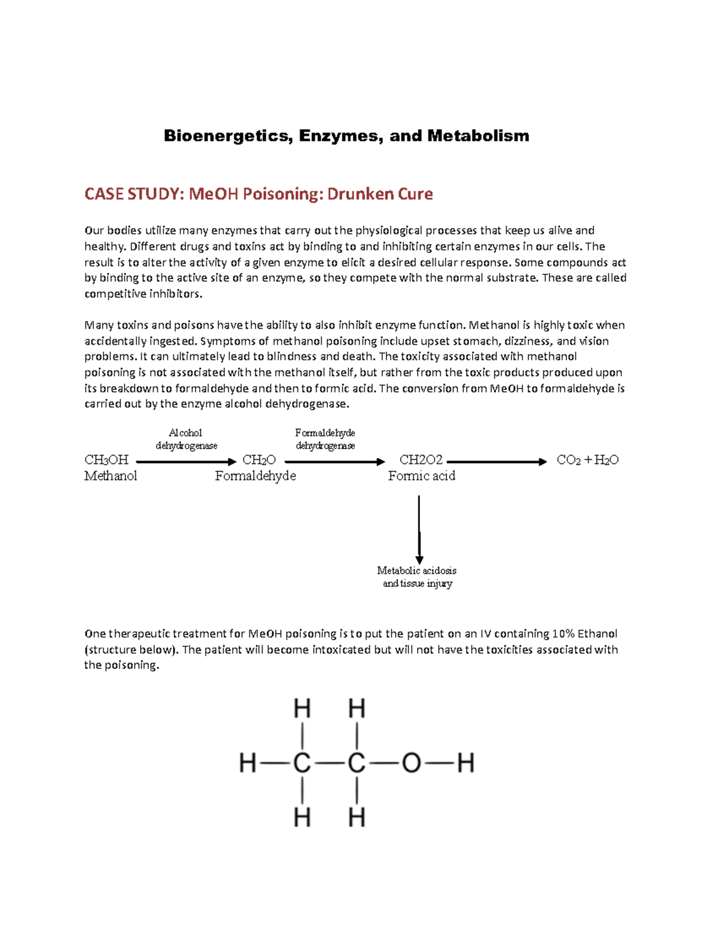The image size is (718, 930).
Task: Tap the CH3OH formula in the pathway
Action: tap(107, 460)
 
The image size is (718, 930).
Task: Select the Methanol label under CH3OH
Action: tap(111, 476)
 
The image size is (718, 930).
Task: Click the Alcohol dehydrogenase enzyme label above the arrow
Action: tap(186, 439)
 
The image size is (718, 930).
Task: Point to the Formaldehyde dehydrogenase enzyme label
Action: tap(325, 439)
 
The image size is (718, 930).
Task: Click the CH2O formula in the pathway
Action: tap(259, 460)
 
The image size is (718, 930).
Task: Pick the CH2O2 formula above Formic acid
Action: tap(421, 460)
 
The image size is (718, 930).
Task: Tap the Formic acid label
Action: tap(421, 476)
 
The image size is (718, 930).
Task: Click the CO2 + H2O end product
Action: tap(588, 460)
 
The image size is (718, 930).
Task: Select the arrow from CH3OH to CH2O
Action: tap(186, 462)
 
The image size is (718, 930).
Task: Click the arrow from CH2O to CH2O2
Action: tap(334, 462)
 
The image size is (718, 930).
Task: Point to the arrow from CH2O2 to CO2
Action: tap(497, 462)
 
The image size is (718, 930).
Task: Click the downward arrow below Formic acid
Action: tap(419, 529)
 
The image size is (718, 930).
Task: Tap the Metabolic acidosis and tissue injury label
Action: tap(417, 577)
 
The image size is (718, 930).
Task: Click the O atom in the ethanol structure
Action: tap(411, 764)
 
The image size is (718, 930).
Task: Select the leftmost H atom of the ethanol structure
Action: tap(248, 764)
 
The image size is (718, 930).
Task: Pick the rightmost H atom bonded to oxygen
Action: tap(466, 764)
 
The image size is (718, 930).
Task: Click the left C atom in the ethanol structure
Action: tap(302, 764)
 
